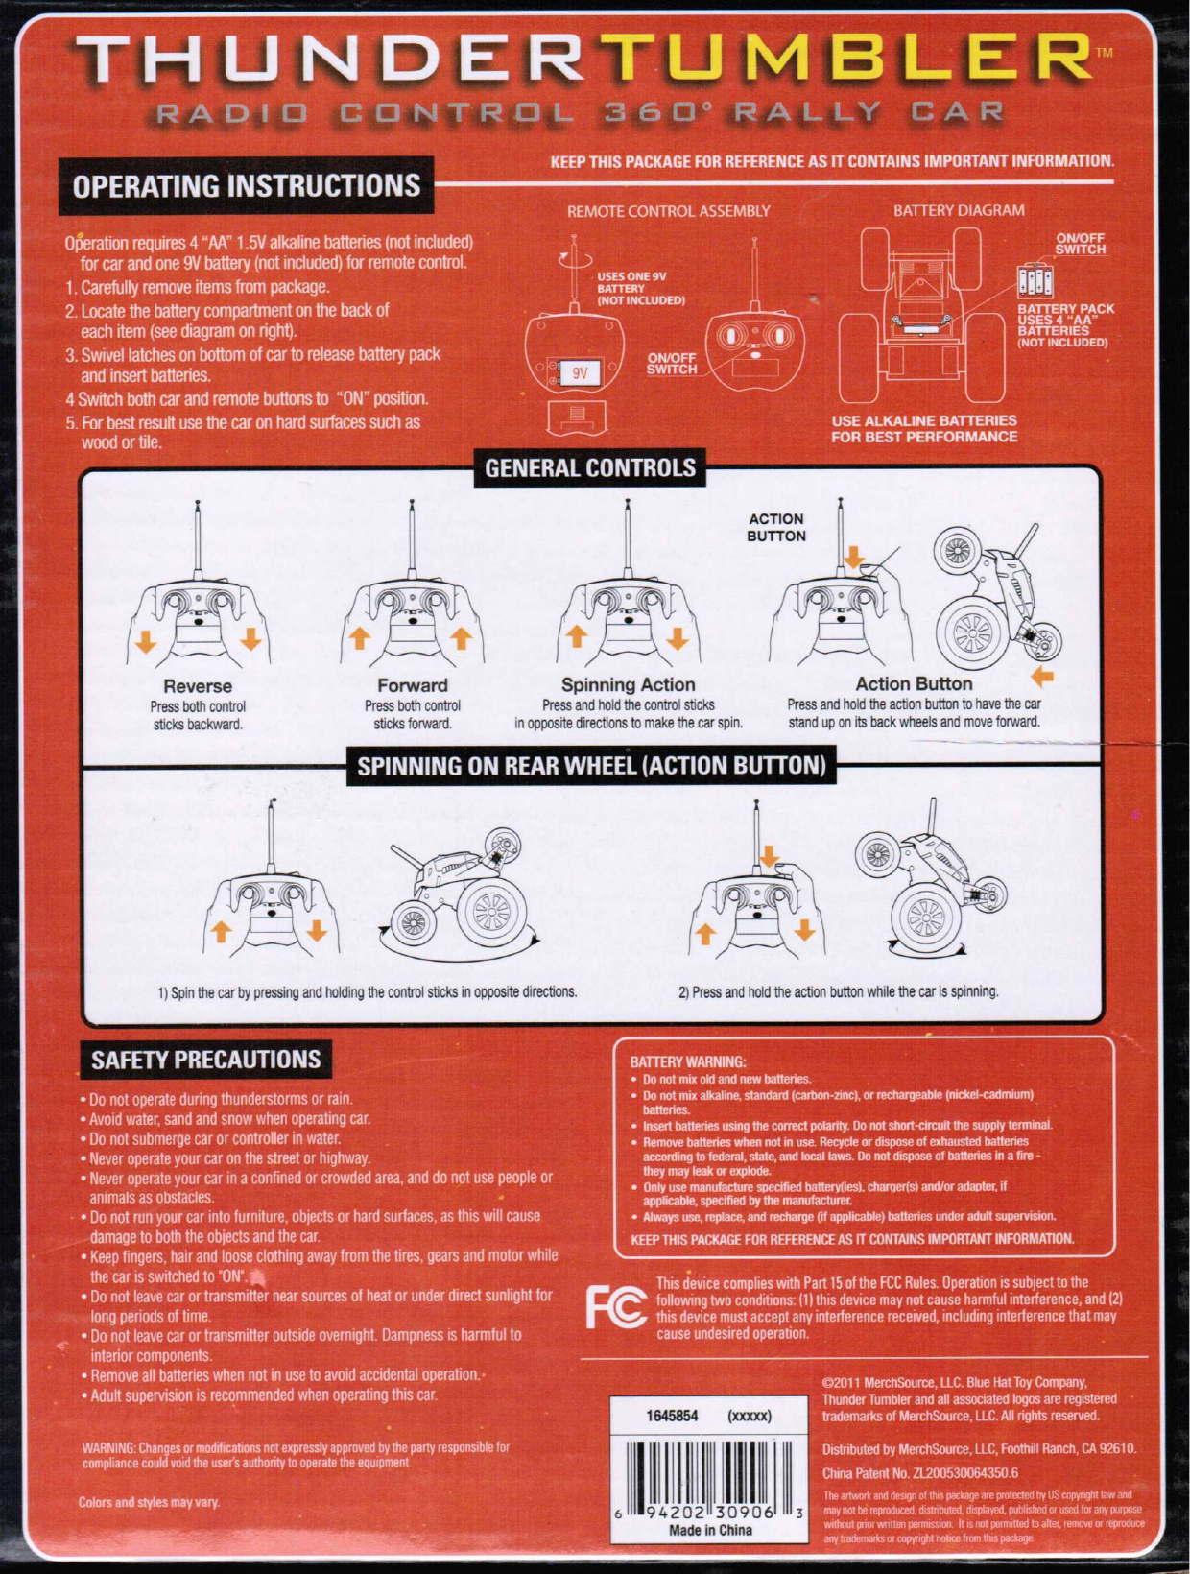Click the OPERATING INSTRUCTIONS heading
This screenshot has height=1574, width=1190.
point(247,185)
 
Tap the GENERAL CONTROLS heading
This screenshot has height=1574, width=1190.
point(590,468)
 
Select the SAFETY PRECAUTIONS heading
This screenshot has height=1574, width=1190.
point(206,1060)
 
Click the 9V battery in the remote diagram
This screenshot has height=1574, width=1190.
point(580,373)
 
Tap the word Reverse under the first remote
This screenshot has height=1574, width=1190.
point(198,686)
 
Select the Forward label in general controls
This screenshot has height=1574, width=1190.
point(413,685)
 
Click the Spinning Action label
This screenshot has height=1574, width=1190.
point(628,684)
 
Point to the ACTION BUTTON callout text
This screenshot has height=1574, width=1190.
point(776,527)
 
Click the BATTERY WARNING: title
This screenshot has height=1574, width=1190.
point(688,1062)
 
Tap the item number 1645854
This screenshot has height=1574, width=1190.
point(672,1416)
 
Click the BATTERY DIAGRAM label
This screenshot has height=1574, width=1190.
point(959,210)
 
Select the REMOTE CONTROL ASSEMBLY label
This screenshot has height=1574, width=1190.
point(669,210)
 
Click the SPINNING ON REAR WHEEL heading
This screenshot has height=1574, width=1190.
point(591,766)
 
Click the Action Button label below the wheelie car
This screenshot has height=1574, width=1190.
point(914,684)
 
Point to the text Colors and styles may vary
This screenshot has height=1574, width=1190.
point(150,1502)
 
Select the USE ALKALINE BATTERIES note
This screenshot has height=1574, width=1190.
point(924,428)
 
